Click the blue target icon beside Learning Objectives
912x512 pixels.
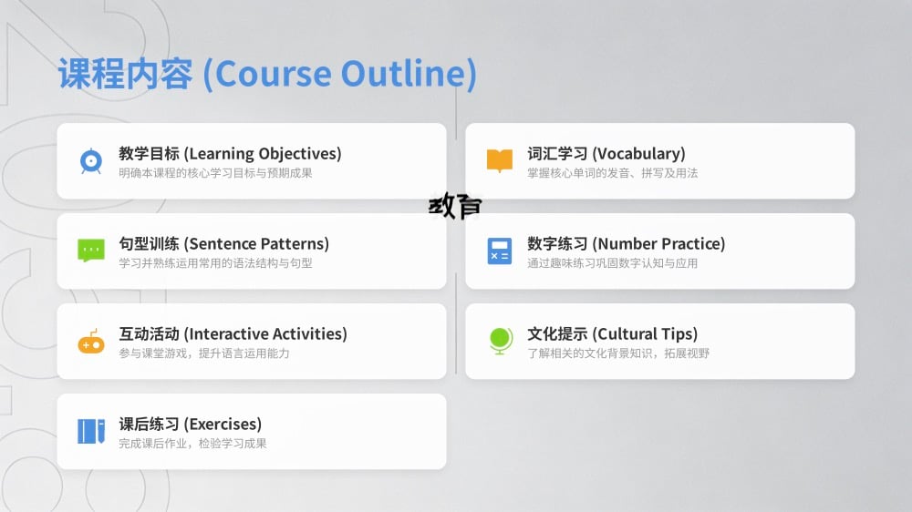(91, 161)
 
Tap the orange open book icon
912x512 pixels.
(500, 160)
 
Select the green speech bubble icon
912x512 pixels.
(91, 251)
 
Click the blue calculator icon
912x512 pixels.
(500, 251)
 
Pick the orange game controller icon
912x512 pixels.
(91, 342)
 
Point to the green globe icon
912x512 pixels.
(500, 341)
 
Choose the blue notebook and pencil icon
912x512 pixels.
(91, 431)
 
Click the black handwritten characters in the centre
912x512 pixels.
(455, 206)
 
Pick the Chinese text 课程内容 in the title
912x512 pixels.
(125, 74)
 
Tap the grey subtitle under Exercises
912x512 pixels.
(192, 444)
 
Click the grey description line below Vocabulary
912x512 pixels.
(613, 172)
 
